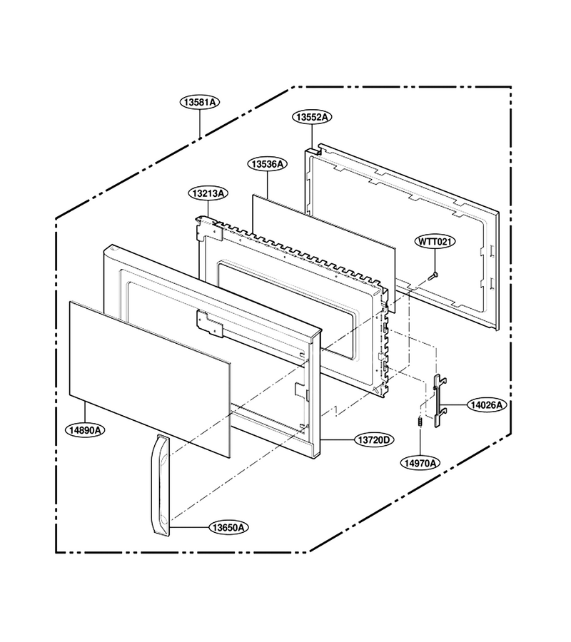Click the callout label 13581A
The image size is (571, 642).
200,102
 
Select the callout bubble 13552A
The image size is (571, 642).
312,117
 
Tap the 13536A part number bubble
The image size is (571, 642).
267,164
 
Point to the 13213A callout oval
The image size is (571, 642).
208,193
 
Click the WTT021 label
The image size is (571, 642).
435,241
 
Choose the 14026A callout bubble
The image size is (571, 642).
487,405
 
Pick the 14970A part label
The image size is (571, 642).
420,463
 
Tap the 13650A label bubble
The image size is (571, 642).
229,527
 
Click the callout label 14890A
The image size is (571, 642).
85,430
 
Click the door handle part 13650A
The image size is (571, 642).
160,485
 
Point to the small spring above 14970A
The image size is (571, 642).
420,421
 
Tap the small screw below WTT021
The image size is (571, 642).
433,275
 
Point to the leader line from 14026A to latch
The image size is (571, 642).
457,405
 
